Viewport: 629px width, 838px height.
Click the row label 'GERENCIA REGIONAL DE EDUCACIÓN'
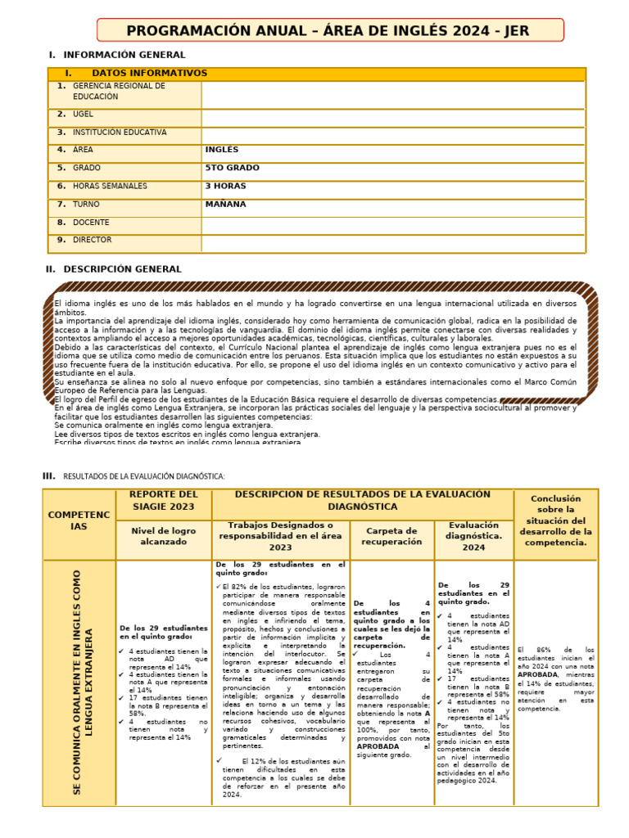119,91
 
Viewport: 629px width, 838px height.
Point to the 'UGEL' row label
83,115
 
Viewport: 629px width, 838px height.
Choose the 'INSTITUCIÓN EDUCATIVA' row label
119,133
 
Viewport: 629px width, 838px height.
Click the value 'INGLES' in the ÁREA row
222,150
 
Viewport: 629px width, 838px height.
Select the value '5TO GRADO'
232,168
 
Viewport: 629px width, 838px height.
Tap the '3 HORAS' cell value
225,186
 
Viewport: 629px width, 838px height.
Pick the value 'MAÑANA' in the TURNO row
225,204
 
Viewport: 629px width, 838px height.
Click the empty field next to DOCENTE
393,223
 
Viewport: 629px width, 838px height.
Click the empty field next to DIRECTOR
393,241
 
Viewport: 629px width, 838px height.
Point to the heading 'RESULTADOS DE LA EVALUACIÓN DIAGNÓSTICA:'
143,476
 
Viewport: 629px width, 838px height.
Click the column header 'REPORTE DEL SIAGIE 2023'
164,500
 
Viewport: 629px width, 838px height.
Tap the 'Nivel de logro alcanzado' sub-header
164,536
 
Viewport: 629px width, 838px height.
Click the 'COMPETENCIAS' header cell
79,520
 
